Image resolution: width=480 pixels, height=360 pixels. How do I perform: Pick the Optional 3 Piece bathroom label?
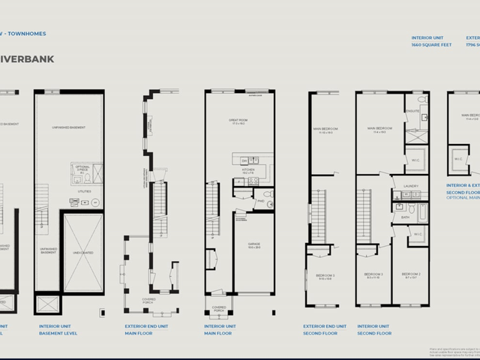82,168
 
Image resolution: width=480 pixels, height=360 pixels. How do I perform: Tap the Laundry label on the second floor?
409,186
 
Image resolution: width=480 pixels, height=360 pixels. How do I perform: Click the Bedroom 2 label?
410,276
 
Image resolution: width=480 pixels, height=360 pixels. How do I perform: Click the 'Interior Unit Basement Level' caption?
59,329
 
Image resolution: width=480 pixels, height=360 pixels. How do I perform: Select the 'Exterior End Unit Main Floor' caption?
147,329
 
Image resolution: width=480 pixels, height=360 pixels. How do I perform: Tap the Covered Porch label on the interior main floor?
218,308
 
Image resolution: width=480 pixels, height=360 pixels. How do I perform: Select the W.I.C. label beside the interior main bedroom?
415,160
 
